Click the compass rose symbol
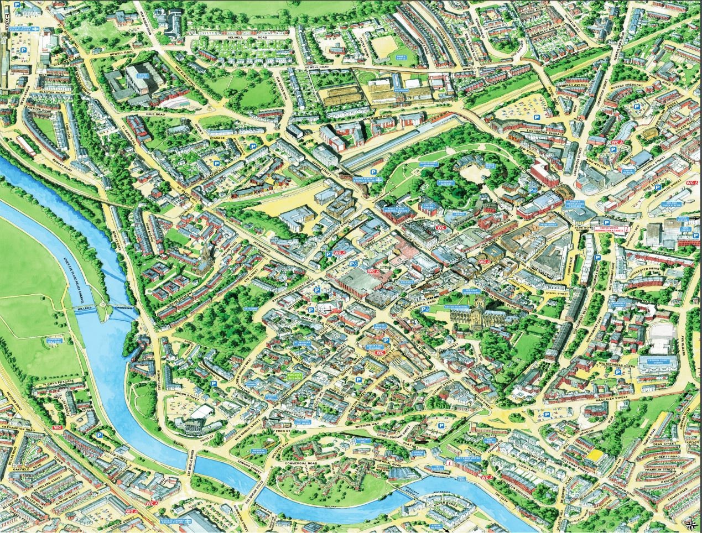pyautogui.click(x=690, y=524)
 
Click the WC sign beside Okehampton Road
pyautogui.click(x=58, y=427)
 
